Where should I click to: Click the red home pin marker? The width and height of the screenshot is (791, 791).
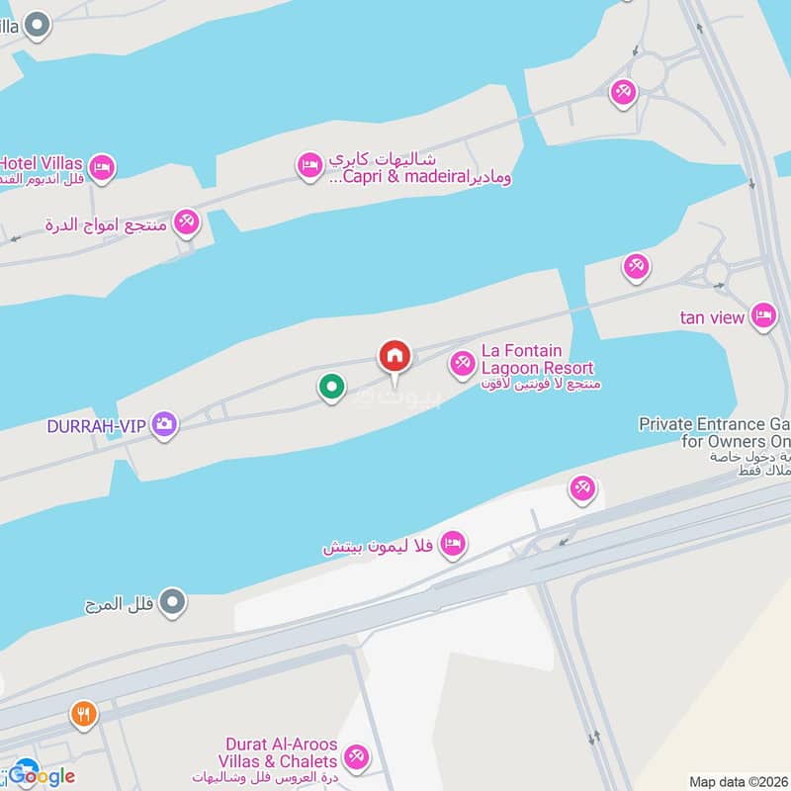click(x=395, y=358)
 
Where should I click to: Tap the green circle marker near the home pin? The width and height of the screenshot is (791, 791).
click(x=332, y=387)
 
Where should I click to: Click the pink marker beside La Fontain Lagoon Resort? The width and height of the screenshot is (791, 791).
click(x=462, y=365)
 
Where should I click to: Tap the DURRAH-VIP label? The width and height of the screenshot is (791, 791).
click(x=96, y=426)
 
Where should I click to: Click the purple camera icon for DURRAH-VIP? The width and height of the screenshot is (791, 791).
click(x=164, y=425)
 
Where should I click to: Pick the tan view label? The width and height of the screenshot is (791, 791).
click(x=712, y=317)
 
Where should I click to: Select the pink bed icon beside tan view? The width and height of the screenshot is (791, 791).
click(x=762, y=315)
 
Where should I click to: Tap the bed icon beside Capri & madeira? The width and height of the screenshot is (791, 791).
click(x=309, y=164)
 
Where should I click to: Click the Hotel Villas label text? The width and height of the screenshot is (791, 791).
click(x=41, y=162)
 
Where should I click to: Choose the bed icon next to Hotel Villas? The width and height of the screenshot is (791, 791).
click(x=102, y=167)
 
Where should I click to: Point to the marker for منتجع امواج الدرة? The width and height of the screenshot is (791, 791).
click(x=186, y=222)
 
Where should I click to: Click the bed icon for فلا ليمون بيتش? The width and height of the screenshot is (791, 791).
click(x=453, y=543)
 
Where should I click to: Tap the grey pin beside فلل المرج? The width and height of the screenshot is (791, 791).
click(x=173, y=600)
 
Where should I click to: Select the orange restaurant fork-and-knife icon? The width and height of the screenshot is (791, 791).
click(x=84, y=714)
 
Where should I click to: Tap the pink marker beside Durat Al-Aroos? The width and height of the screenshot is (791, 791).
click(x=355, y=758)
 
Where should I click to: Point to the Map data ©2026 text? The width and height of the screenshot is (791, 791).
click(x=739, y=782)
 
